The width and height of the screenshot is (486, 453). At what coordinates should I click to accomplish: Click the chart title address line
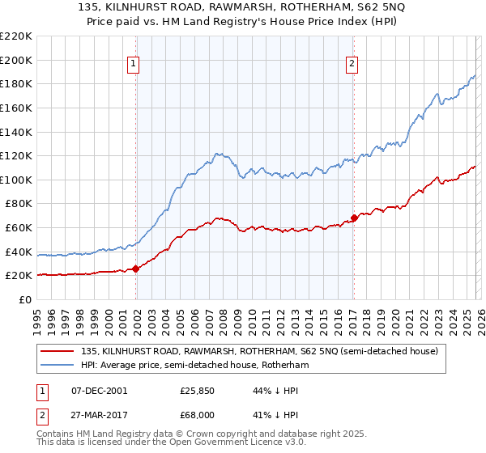pos(242,9)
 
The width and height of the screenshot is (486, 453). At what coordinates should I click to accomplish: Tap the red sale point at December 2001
pos(135,269)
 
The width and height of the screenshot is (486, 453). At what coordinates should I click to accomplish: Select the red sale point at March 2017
pos(354,218)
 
